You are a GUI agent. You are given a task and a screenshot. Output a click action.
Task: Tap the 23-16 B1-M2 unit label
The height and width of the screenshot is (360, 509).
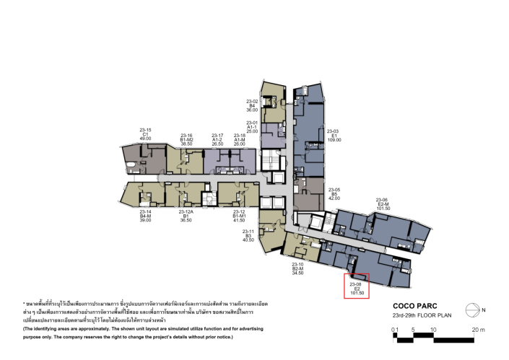tap(186, 139)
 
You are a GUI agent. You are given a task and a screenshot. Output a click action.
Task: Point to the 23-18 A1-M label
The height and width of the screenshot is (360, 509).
tap(240, 139)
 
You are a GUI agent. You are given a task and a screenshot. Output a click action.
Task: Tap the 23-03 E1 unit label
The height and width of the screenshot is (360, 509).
tap(334, 134)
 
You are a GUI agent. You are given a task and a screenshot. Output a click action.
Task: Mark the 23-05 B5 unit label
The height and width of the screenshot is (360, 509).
tap(334, 193)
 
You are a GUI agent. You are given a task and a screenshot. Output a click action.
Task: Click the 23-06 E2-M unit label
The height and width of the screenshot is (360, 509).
tap(383, 204)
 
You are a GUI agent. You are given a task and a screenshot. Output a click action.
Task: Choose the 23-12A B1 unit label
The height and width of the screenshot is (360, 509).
tap(186, 215)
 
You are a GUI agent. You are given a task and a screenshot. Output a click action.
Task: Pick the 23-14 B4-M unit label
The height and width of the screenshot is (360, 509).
tap(145, 215)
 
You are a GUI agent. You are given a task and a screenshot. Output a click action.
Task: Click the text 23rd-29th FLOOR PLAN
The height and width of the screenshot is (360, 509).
tap(422, 315)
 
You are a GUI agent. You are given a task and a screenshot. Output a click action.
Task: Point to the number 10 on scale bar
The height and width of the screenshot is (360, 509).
tap(432, 329)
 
